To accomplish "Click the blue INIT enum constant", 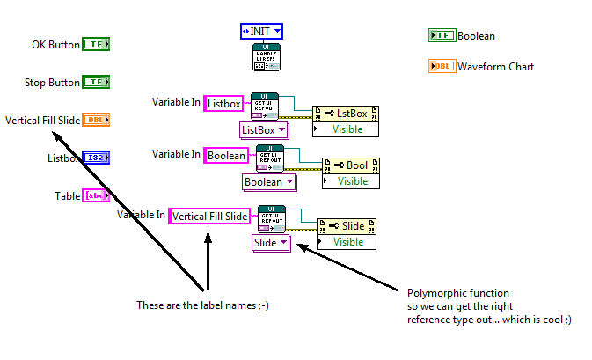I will (262, 32).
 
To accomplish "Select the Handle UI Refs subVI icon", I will (266, 57).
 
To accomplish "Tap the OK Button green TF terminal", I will (96, 44).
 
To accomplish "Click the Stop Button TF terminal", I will (96, 82).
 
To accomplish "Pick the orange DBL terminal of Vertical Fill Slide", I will (96, 120).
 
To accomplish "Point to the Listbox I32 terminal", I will (96, 158).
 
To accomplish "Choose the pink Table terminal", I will (96, 196).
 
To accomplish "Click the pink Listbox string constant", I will (223, 103).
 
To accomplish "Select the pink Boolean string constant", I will (227, 155).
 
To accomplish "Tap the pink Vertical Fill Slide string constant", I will (209, 215).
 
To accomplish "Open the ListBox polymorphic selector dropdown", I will (265, 130).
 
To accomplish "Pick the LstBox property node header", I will (345, 114).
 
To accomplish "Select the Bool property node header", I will (352, 165).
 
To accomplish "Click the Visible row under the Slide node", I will (348, 242).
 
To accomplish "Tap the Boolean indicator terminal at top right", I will (442, 35).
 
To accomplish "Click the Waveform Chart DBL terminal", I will (442, 66).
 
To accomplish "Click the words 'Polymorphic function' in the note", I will (457, 293).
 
